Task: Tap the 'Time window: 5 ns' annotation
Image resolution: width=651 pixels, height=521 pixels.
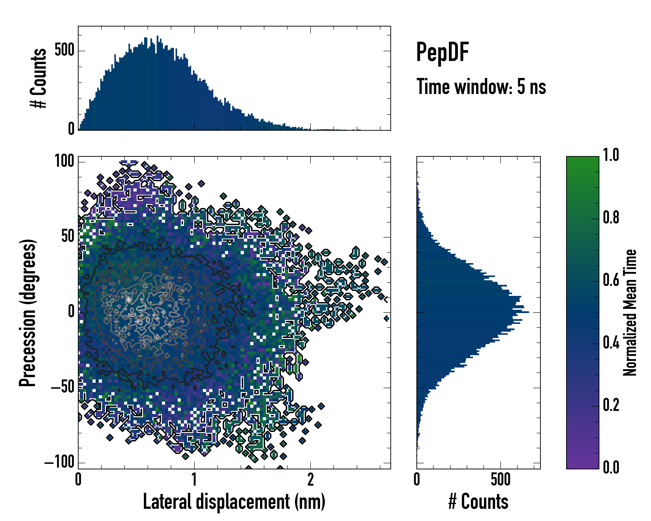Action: click(481, 87)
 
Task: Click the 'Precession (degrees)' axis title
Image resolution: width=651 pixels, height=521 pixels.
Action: click(28, 313)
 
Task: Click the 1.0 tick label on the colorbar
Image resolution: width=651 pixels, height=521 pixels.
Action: click(611, 155)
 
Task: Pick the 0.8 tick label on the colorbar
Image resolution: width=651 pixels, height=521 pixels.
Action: click(611, 218)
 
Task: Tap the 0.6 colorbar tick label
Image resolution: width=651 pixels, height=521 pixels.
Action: click(611, 280)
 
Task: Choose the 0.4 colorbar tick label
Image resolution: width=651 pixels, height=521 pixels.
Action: click(611, 343)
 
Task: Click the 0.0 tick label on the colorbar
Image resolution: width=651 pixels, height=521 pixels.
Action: click(611, 467)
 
